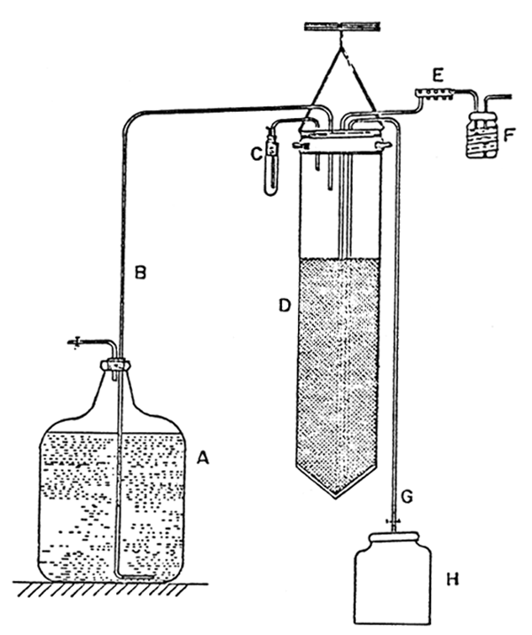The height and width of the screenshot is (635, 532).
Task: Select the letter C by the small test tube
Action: (x=255, y=153)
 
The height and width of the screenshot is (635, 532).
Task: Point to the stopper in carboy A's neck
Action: (x=116, y=365)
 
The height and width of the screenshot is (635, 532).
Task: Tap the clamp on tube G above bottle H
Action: (x=394, y=521)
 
